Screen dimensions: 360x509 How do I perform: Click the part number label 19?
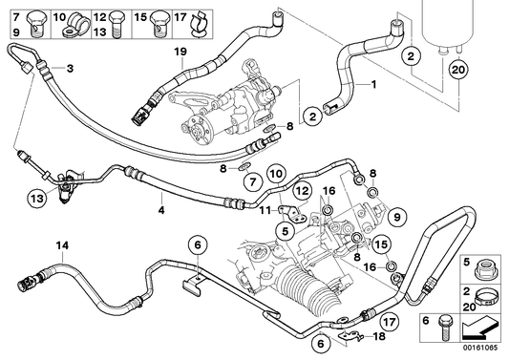tap(180, 49)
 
